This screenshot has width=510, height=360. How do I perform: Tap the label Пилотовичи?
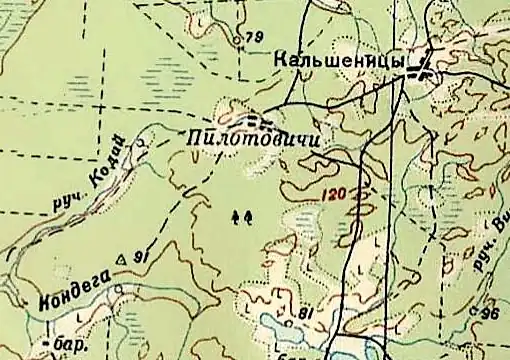(252, 138)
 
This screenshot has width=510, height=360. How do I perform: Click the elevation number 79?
(254, 37)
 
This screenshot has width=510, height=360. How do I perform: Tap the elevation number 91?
(140, 257)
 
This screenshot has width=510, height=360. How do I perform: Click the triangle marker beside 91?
(124, 258)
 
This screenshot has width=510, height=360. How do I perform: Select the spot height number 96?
(490, 314)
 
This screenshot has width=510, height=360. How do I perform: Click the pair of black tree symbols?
(241, 215)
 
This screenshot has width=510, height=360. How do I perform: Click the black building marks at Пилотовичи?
(260, 120)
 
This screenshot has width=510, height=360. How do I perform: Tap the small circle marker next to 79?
(237, 40)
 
